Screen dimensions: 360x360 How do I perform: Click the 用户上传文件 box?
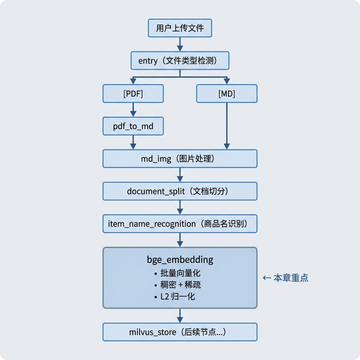click(x=180, y=28)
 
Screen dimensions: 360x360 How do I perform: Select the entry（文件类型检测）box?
click(x=180, y=60)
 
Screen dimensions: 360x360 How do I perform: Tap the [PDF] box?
click(x=133, y=94)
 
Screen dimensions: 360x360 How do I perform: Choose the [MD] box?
click(x=227, y=94)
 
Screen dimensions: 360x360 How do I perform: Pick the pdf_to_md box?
click(x=133, y=126)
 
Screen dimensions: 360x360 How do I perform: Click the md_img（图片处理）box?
click(x=180, y=159)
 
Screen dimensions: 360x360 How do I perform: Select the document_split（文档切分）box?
click(x=180, y=191)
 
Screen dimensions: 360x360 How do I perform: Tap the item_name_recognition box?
click(x=180, y=224)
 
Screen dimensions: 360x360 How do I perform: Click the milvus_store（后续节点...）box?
click(x=180, y=332)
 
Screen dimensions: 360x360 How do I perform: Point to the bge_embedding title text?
click(x=180, y=260)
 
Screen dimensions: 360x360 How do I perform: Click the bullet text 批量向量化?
click(x=180, y=273)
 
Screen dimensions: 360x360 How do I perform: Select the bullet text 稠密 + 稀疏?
click(x=180, y=285)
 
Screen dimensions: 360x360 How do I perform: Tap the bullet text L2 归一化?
click(x=178, y=297)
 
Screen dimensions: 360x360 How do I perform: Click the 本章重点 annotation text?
click(x=291, y=278)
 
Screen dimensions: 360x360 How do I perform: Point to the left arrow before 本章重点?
click(x=266, y=278)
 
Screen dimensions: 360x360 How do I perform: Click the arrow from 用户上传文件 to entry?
click(x=180, y=44)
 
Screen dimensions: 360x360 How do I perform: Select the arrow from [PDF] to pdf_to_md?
click(x=133, y=110)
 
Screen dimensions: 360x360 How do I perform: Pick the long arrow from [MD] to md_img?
click(x=227, y=126)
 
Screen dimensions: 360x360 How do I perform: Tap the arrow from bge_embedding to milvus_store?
click(x=180, y=316)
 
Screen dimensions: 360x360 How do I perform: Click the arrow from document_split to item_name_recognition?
click(x=180, y=207)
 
